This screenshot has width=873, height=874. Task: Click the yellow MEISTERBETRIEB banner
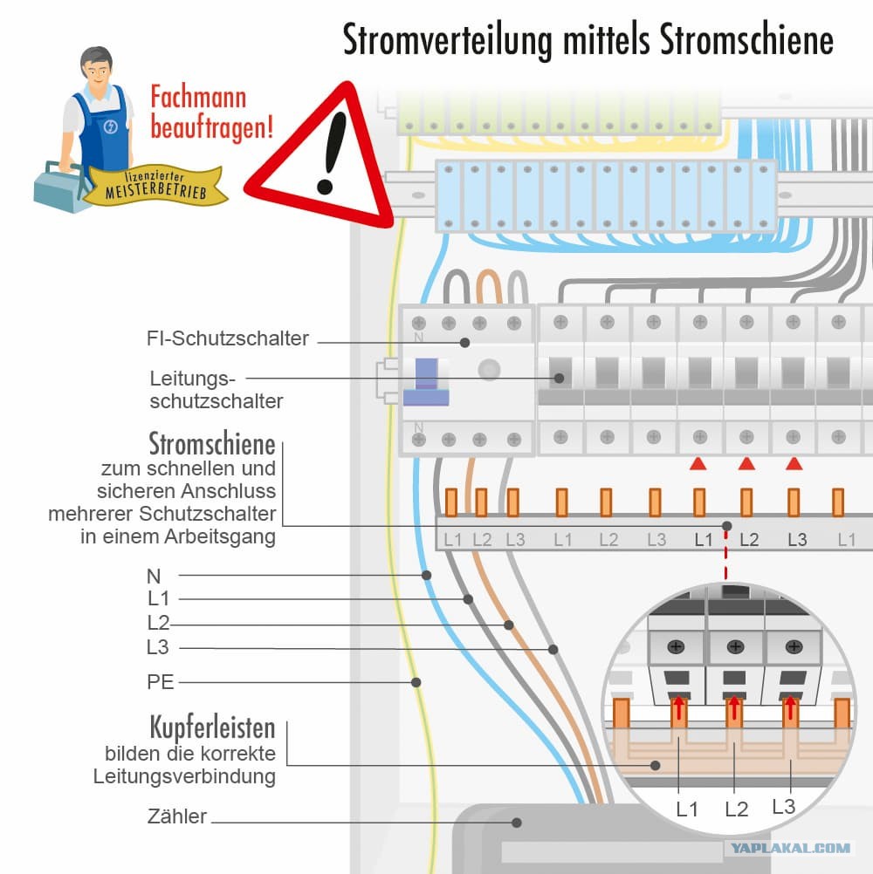[x=157, y=184]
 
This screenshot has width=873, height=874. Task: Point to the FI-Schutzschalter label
[x=228, y=338]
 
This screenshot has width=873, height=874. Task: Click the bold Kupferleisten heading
[x=212, y=727]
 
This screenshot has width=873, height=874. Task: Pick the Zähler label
[x=177, y=817]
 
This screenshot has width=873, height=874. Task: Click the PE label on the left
[x=161, y=681]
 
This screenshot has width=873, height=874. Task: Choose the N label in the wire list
[x=155, y=576]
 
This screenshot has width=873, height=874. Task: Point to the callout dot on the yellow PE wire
[x=416, y=682]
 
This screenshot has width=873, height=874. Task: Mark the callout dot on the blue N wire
[x=427, y=575]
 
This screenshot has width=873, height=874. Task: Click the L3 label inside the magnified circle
[x=784, y=807]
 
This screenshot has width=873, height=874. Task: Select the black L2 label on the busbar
[x=749, y=540]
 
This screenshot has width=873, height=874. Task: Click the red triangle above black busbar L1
[x=698, y=464]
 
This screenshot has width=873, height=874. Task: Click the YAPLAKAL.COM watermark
[x=791, y=847]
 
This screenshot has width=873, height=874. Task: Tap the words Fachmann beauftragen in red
[x=212, y=113]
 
